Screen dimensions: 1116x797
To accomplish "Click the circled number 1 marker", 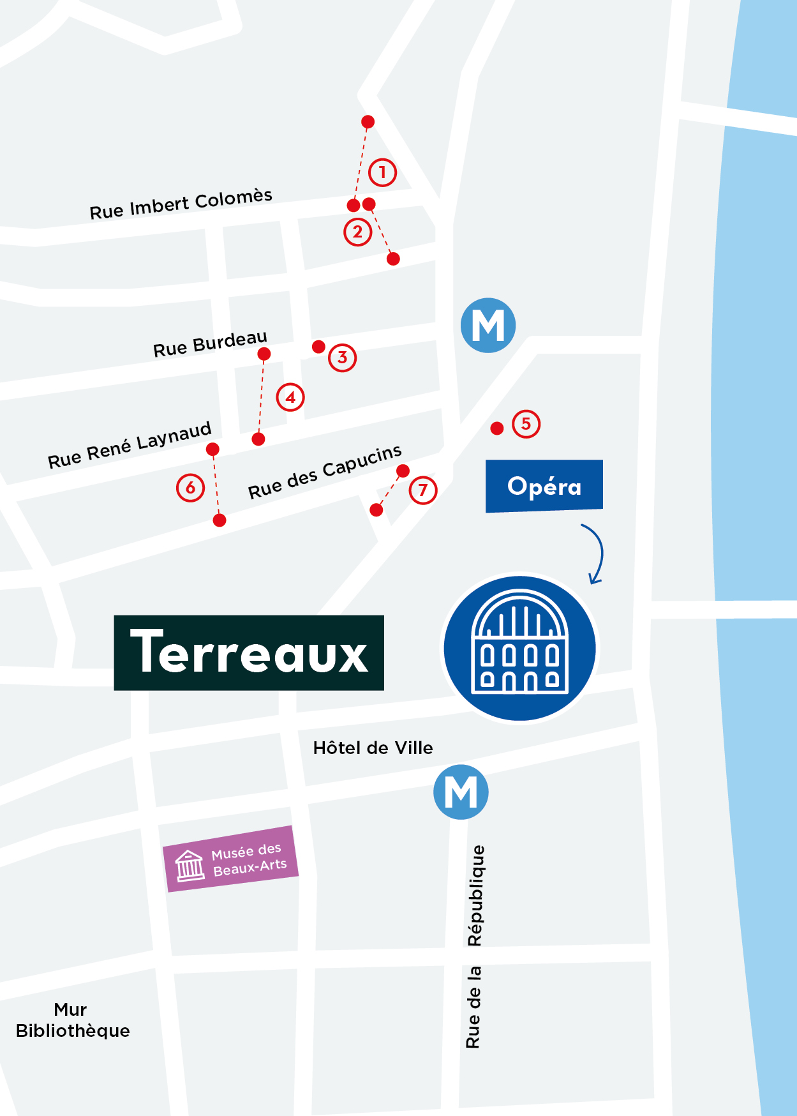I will [382, 172].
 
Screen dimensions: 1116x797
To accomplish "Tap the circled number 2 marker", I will [357, 232].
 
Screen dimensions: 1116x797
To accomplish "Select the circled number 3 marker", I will [342, 358].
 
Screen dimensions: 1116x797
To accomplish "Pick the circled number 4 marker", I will [290, 397].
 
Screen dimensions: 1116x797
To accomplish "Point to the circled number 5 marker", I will [526, 424].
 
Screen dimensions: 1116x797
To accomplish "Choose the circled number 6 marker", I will [190, 488].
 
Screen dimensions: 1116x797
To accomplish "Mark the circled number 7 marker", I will [422, 490].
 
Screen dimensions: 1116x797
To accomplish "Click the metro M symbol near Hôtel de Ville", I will [461, 792].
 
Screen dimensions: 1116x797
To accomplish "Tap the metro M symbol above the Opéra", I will [488, 326].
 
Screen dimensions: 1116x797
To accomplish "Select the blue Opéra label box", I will [544, 486].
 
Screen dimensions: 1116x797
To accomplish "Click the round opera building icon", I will [519, 649].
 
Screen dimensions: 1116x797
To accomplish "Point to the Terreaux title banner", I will [249, 652].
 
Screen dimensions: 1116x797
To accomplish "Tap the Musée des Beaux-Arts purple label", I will [231, 859].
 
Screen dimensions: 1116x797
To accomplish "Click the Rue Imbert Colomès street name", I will [181, 204].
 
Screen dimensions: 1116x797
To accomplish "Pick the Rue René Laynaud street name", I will [130, 445].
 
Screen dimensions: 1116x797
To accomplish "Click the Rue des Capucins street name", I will [325, 472].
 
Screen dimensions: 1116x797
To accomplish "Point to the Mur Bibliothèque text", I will [72, 1020].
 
